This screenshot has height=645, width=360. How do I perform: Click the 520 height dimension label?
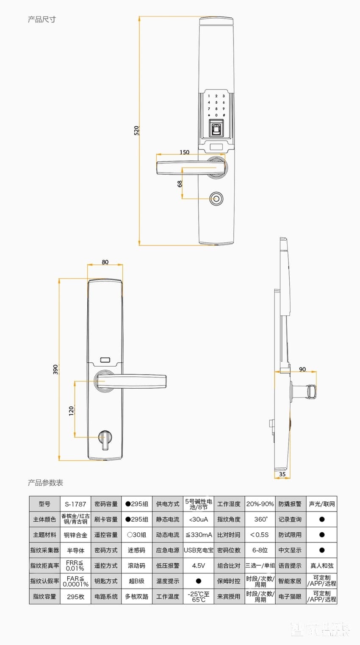pos(136,130)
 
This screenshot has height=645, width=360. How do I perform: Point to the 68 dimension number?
pos(180,184)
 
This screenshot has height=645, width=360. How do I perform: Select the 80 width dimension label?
pos(105,262)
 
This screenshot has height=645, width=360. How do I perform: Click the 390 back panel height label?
pos(55,369)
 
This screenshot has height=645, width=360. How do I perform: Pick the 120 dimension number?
pos(71,410)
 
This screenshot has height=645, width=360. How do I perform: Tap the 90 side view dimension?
pos(302,369)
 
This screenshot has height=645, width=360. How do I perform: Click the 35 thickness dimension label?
pos(282,474)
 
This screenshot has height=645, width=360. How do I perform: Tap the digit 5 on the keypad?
pos(216,102)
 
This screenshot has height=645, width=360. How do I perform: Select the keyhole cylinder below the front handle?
pos(216,198)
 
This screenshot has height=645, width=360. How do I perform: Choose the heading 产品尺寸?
pos(42,19)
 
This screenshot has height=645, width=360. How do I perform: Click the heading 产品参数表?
pos(45,483)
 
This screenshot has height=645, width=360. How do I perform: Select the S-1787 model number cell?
pos(75,504)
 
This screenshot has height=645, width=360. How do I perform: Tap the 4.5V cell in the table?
pos(198,566)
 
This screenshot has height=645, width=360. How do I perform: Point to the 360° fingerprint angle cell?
pos(260,520)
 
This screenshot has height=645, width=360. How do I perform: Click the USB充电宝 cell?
pos(198,550)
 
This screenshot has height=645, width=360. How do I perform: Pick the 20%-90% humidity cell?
pos(260,504)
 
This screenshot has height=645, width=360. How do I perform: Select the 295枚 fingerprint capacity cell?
pos(75,596)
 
